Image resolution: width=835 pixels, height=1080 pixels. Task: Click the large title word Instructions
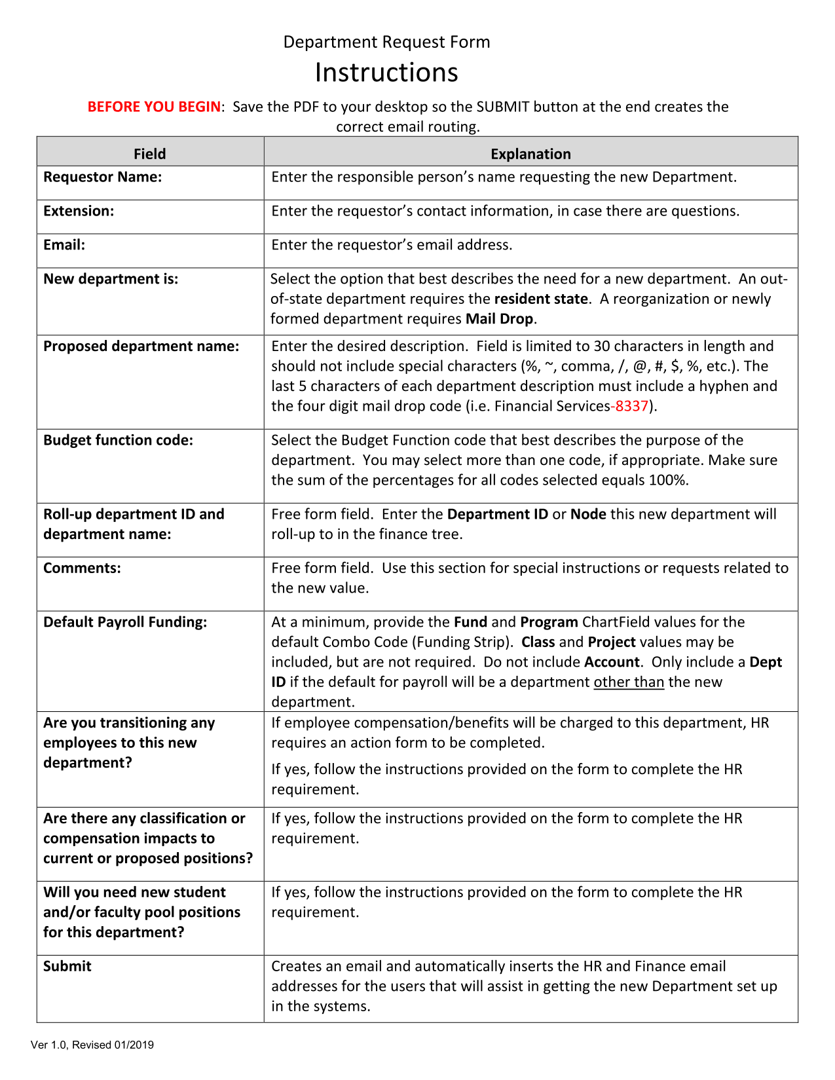coord(386,73)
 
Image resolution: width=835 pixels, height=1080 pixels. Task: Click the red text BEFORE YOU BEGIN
coord(154,107)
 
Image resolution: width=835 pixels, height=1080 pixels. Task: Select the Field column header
coord(149,154)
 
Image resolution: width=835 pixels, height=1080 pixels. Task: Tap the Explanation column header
coord(530,154)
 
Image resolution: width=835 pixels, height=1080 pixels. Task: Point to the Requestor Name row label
coord(102,177)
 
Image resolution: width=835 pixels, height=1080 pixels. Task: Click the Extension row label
coord(79,211)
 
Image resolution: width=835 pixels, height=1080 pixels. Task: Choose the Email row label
coord(64,245)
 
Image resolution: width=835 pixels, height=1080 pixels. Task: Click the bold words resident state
coord(541,299)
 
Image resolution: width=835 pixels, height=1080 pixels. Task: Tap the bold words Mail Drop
coord(499,319)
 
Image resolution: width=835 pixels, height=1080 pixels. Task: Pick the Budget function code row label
coord(118,440)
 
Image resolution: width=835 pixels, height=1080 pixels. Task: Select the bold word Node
coord(588,514)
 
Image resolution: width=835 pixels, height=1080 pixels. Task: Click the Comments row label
coord(82,568)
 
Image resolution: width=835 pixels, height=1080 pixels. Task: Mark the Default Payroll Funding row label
coord(125,622)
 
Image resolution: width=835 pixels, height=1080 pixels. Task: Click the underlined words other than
coord(629,682)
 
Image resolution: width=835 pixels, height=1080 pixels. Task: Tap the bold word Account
coord(612,662)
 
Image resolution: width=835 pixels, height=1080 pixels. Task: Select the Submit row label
coord(67,966)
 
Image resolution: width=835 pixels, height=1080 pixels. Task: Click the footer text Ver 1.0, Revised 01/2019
coord(92,1045)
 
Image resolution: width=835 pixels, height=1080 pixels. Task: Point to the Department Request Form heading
coord(386,43)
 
